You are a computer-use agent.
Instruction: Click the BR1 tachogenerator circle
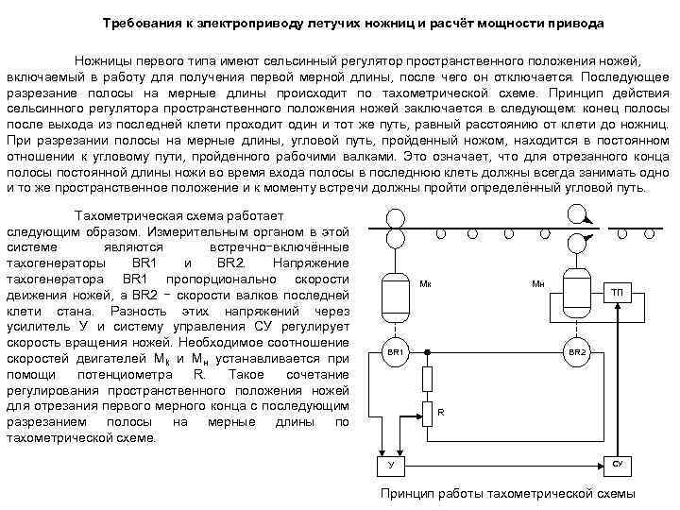tap(395, 351)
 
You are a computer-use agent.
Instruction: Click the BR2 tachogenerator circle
tap(577, 351)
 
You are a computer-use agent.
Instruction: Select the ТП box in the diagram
tap(616, 292)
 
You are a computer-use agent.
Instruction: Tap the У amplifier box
tap(389, 467)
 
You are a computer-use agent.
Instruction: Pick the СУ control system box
tap(617, 466)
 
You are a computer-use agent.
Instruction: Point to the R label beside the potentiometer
tap(440, 412)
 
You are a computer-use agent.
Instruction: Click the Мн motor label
tap(537, 283)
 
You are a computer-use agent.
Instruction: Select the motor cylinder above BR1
tap(395, 296)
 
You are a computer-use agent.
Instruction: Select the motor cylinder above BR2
tap(577, 283)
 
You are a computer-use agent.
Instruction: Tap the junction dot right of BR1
tap(427, 351)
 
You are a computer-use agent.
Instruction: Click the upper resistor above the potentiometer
tap(427, 378)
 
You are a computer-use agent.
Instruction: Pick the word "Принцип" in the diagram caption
tap(404, 493)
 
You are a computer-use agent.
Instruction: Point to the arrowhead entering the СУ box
tap(602, 466)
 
